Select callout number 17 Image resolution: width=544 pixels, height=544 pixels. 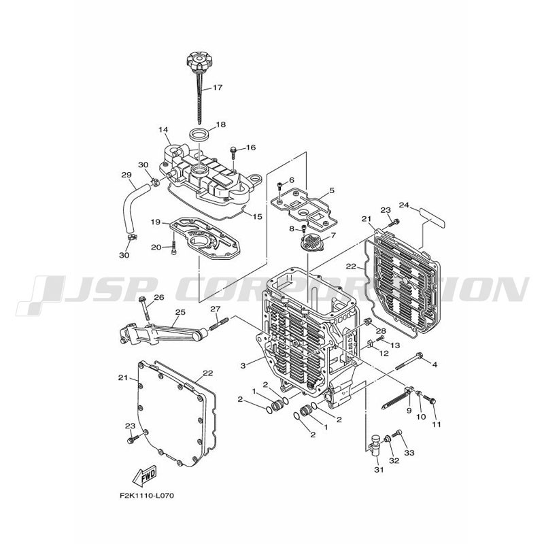(x=217, y=88)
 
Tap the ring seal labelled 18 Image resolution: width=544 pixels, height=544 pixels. (x=200, y=134)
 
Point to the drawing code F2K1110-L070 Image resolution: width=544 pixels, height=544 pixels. (x=147, y=496)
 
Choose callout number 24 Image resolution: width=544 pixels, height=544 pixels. (x=404, y=205)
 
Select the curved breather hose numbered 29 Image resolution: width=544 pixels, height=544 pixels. (x=133, y=208)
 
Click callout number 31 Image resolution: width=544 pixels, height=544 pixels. (x=379, y=469)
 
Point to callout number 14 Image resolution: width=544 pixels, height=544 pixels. (x=163, y=130)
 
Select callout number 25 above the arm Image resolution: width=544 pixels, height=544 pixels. (x=180, y=312)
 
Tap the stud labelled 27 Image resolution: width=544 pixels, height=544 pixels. (x=219, y=324)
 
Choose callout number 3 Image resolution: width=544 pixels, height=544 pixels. (x=243, y=365)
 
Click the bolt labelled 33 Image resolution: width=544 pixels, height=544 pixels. (x=398, y=433)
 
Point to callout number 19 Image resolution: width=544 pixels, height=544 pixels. (x=156, y=222)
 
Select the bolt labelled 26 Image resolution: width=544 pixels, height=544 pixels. (x=146, y=309)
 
